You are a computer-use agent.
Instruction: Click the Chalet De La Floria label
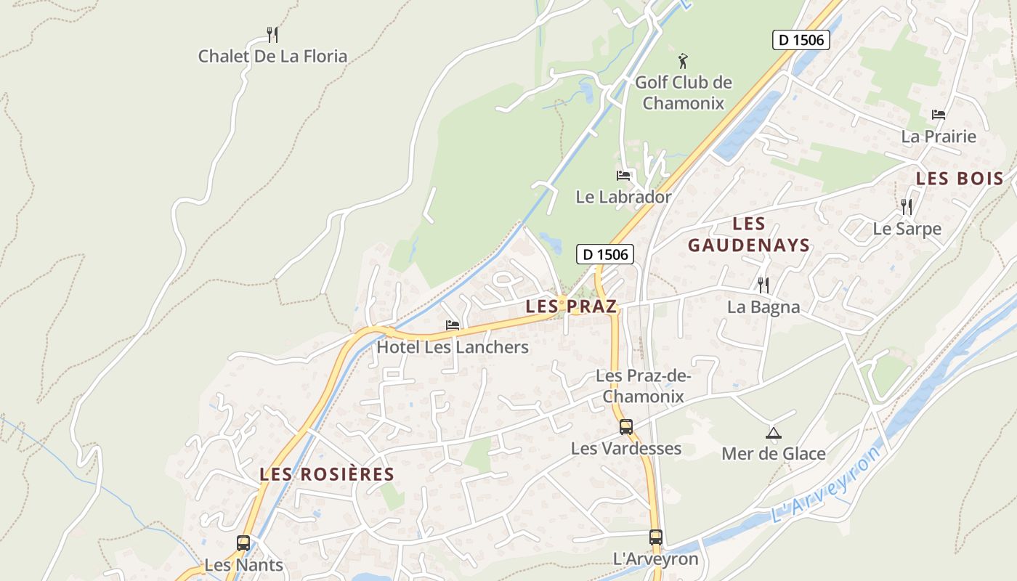click(272, 56)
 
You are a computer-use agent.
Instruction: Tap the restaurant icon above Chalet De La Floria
click(272, 34)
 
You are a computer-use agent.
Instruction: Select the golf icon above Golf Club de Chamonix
click(682, 61)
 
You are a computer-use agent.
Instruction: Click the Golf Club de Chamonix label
click(684, 92)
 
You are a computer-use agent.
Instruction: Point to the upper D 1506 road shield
click(801, 40)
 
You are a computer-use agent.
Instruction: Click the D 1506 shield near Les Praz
click(605, 254)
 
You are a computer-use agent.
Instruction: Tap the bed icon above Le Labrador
click(623, 176)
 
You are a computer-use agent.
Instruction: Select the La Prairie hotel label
click(939, 136)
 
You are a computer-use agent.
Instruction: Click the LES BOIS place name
click(960, 179)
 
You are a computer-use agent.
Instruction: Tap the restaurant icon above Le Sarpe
click(907, 207)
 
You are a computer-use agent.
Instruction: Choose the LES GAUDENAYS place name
click(749, 235)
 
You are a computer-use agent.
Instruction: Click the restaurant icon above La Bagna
click(763, 285)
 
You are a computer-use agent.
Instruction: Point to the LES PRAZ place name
click(571, 306)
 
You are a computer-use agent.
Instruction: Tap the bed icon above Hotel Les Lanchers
click(453, 325)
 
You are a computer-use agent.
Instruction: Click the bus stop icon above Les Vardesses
click(625, 427)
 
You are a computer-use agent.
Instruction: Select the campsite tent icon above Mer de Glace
click(773, 434)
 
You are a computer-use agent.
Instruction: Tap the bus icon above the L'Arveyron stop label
click(655, 537)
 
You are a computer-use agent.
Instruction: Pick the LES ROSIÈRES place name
click(327, 474)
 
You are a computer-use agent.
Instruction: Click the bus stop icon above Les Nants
click(243, 543)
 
